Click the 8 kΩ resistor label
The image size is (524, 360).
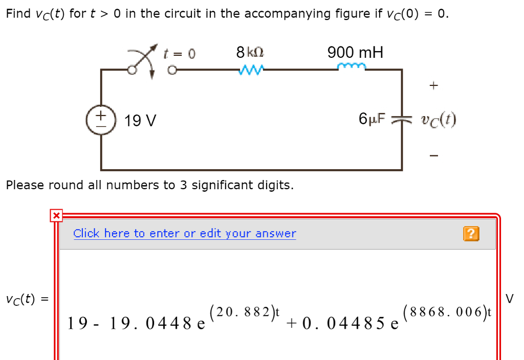[x=250, y=52]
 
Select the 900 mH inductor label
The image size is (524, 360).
[x=356, y=52]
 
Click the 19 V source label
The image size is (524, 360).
[x=141, y=121]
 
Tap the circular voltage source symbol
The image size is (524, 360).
[x=101, y=121]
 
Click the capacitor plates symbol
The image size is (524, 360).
[x=401, y=120]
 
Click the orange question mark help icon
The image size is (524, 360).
[x=471, y=234]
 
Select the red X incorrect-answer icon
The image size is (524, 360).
[x=56, y=216]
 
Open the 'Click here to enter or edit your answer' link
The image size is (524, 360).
[x=185, y=234]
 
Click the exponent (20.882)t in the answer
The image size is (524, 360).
[x=245, y=310]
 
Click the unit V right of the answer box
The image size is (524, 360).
[x=510, y=298]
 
